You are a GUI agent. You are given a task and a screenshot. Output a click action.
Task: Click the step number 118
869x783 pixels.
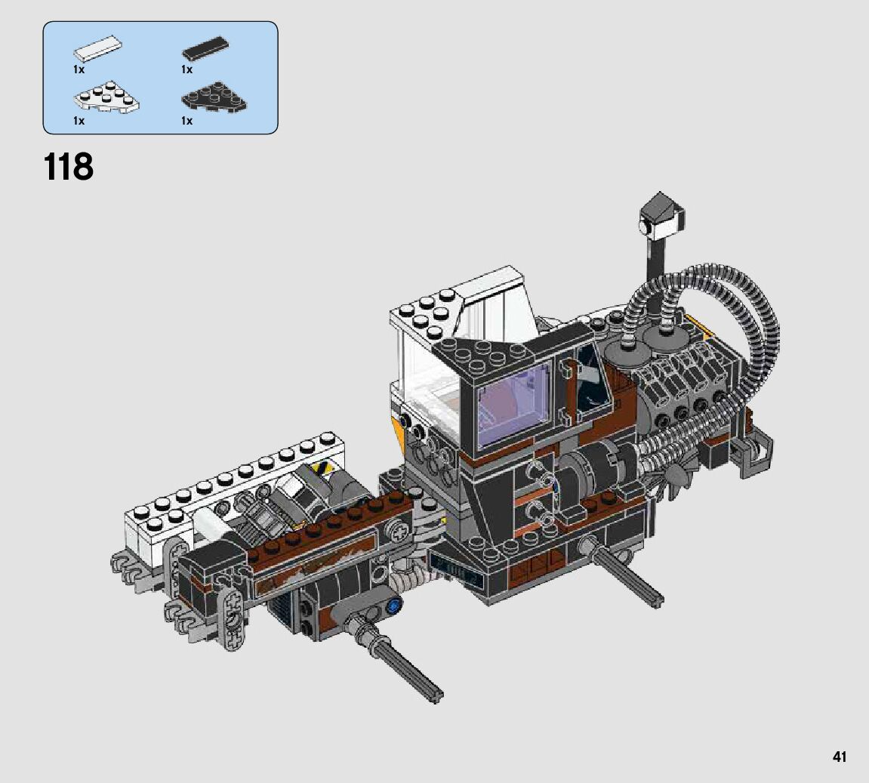pos(68,166)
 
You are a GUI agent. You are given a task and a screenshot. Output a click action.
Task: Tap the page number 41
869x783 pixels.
pos(839,756)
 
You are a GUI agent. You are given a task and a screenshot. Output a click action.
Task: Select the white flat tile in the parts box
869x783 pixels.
pos(98,48)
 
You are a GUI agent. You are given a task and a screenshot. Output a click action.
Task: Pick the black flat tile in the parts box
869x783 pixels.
pos(205,49)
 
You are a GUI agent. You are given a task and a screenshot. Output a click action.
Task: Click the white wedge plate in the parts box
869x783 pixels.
pos(106,97)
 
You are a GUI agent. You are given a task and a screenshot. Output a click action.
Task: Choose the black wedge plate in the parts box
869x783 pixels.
pos(214,97)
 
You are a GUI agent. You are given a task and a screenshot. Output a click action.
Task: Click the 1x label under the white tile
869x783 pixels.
pos(79,69)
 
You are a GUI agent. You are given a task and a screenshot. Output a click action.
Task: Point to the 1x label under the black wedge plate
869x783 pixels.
pos(186,120)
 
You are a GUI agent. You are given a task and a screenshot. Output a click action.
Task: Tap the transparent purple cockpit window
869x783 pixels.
pos(514,405)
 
